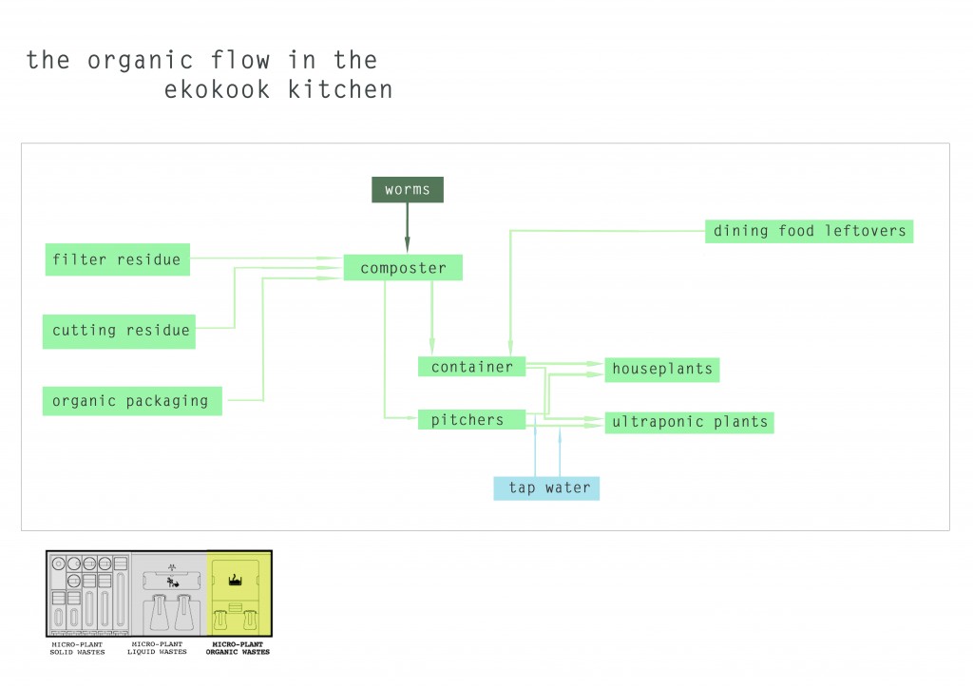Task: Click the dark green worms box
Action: point(407,190)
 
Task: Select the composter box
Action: point(403,268)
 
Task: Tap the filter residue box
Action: point(117,259)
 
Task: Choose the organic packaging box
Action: point(130,400)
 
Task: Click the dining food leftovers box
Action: point(809,230)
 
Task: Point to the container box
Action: point(471,367)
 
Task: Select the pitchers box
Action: point(472,419)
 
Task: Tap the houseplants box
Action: point(661,369)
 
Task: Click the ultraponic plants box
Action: point(689,422)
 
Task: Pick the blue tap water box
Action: point(546,487)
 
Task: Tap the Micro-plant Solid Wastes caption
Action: point(78,647)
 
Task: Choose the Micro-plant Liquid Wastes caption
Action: point(159,647)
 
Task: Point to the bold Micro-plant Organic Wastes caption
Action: point(239,647)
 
